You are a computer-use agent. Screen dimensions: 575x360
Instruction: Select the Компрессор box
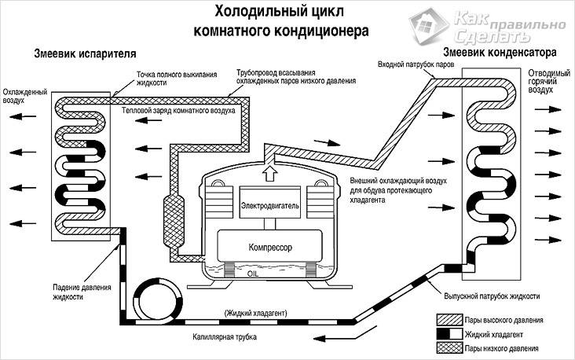[270, 247]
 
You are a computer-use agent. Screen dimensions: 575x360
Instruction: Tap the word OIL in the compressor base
[253, 274]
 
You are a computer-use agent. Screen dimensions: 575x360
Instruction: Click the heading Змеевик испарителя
[85, 53]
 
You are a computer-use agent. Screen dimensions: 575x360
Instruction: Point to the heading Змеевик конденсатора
[500, 52]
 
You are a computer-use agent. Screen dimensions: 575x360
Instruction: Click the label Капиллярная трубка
[225, 337]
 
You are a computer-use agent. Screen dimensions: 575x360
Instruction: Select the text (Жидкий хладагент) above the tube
[255, 313]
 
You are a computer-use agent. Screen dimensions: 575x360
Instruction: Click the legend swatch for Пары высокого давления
[449, 320]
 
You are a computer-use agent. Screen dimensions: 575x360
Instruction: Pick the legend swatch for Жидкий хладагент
[449, 333]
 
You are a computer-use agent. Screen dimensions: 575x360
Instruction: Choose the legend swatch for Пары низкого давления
[449, 348]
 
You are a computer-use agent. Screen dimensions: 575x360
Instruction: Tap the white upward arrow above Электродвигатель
[270, 171]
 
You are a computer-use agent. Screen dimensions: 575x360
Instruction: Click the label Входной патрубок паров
[416, 64]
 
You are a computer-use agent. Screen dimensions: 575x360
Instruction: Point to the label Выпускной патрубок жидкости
[492, 296]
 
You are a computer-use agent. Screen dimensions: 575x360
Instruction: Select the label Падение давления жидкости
[82, 292]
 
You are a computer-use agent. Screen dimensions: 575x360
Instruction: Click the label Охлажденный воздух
[25, 96]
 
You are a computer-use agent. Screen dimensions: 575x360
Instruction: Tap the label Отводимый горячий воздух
[549, 81]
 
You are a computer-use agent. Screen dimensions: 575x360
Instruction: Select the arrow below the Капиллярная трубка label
[343, 337]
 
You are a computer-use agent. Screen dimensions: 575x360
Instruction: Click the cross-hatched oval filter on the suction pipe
[174, 222]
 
